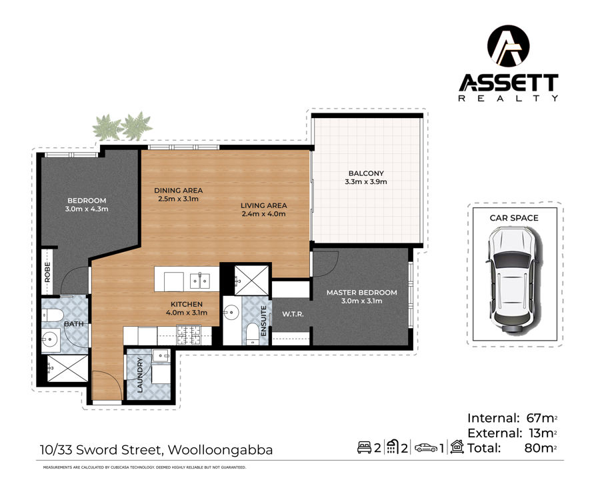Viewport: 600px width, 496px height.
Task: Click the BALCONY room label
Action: click(x=366, y=173)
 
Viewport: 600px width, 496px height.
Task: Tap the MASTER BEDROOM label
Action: click(x=361, y=293)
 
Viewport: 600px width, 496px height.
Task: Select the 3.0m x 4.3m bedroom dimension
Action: click(x=87, y=209)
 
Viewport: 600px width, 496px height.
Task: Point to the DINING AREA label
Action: click(x=178, y=190)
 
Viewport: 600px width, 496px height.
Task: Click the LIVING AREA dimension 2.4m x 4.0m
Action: click(x=263, y=214)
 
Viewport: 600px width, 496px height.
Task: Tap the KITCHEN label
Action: click(x=187, y=304)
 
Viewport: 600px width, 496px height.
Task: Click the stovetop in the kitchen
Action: click(x=188, y=334)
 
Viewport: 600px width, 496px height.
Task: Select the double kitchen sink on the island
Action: click(x=200, y=282)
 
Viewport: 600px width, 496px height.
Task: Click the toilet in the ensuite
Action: click(x=253, y=333)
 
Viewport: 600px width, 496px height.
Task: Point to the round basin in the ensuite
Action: click(x=231, y=313)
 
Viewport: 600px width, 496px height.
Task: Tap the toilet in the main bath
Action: click(x=53, y=315)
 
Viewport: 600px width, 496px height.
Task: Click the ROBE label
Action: click(x=47, y=272)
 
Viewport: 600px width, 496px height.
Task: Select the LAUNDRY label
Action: click(x=140, y=375)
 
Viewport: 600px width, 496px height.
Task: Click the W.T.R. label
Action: click(x=293, y=314)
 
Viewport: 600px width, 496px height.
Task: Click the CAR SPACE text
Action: click(x=514, y=218)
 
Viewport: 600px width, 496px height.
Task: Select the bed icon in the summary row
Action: click(x=364, y=447)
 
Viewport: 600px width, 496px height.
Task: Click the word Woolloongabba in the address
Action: click(x=221, y=450)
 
